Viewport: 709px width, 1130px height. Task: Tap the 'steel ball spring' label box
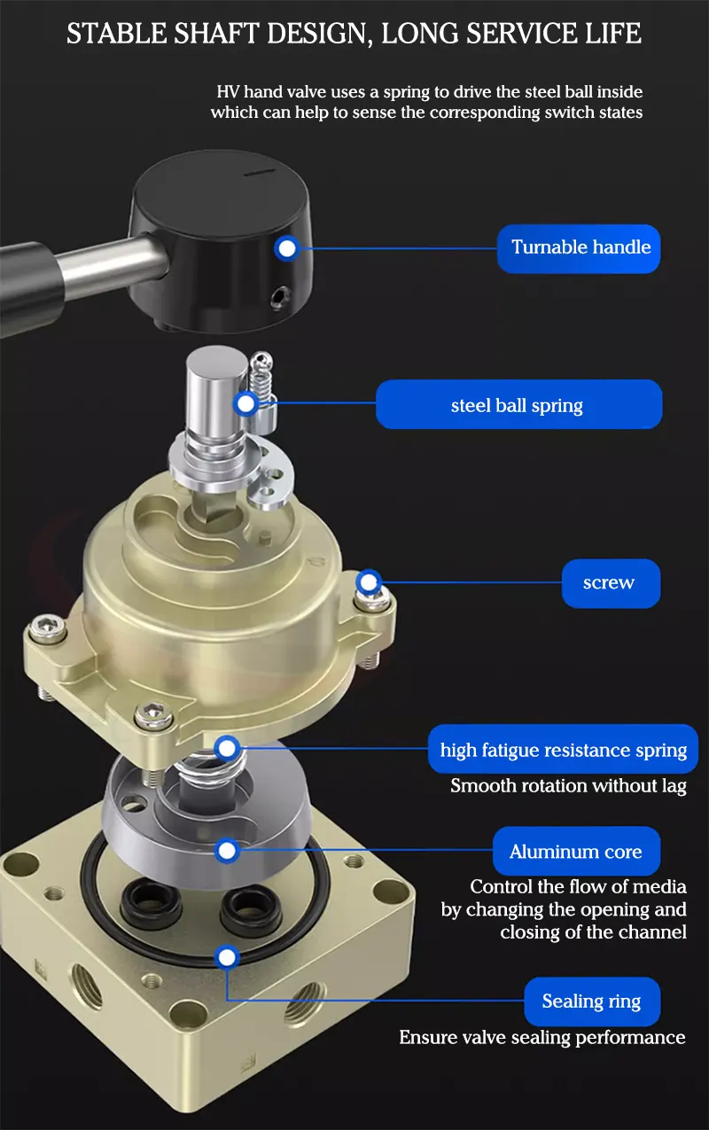click(x=518, y=404)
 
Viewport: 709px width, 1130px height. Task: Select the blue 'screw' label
click(x=612, y=583)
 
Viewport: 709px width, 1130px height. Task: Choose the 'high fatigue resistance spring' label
click(x=563, y=749)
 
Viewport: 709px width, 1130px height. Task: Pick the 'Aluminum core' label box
click(x=576, y=851)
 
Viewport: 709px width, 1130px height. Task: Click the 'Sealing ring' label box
click(x=592, y=1001)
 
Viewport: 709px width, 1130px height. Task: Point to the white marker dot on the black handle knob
click(x=287, y=248)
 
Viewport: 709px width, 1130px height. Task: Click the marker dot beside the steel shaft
click(x=245, y=403)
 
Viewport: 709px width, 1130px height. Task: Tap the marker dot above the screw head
click(x=369, y=582)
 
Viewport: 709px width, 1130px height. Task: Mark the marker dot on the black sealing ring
click(x=227, y=957)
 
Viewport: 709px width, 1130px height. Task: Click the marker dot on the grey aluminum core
click(x=227, y=851)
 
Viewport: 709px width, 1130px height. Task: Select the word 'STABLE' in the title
click(x=117, y=34)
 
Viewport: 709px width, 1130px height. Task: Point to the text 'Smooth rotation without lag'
click(x=568, y=786)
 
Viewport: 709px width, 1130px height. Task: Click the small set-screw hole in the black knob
click(x=280, y=298)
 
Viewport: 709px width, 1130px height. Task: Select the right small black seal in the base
click(x=250, y=907)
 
